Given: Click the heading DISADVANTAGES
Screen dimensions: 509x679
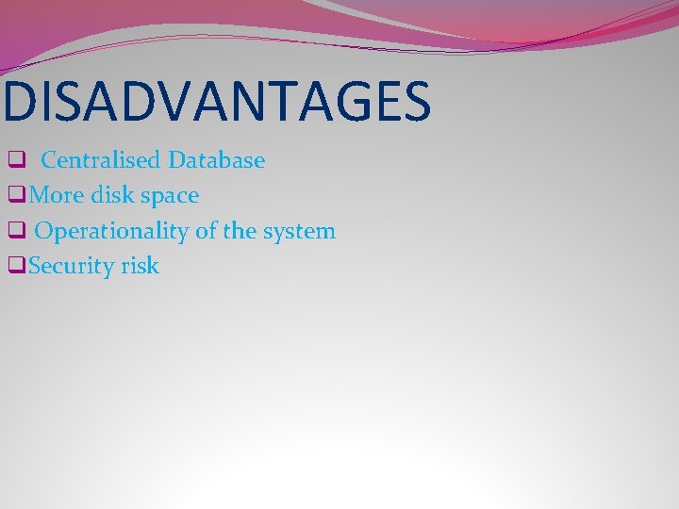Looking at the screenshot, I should click(x=216, y=103).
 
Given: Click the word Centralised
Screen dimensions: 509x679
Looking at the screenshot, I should click(x=102, y=160).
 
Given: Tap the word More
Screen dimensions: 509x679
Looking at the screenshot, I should click(x=58, y=196).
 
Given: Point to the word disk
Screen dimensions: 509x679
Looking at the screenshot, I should click(x=114, y=196).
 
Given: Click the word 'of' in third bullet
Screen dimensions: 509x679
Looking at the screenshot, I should click(x=207, y=231).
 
